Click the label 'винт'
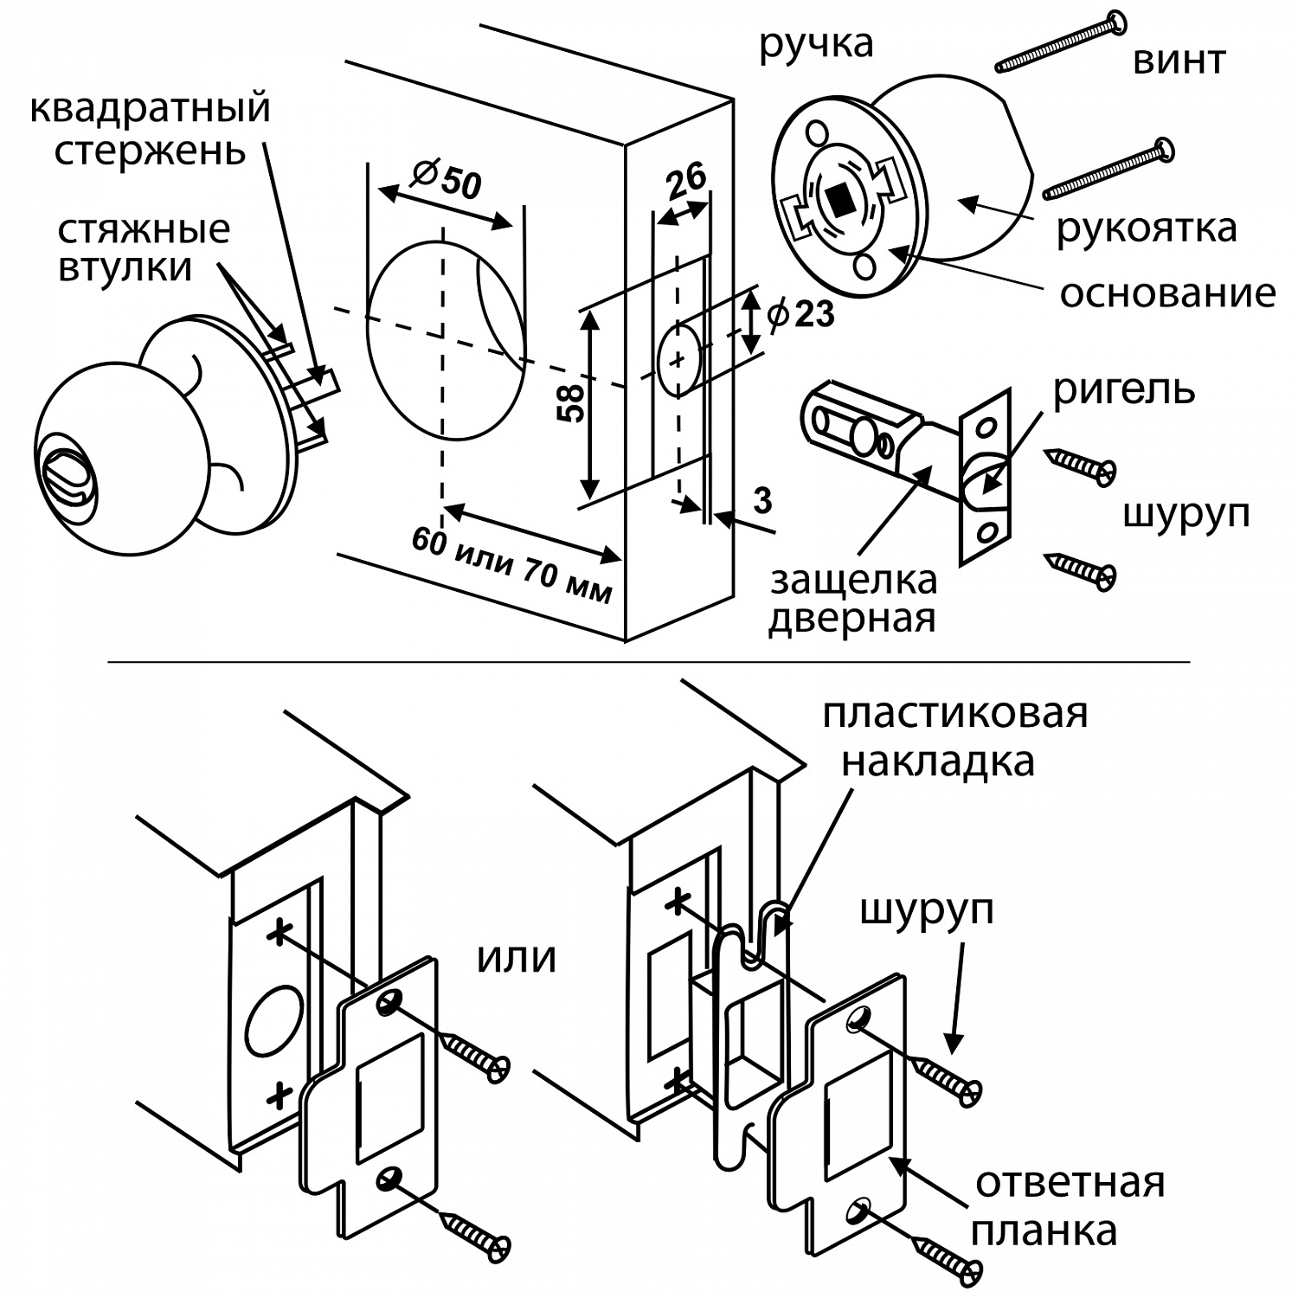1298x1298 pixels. [1179, 61]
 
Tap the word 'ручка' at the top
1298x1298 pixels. [816, 43]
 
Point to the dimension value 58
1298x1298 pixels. [573, 402]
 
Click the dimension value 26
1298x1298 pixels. [686, 181]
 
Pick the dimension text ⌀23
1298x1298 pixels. [800, 314]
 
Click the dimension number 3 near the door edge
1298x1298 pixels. [762, 501]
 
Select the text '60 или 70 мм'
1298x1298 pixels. [512, 565]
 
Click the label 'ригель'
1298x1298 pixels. [1123, 390]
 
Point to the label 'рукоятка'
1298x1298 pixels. [1147, 229]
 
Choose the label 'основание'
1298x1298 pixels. [1167, 294]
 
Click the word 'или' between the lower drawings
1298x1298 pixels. [516, 958]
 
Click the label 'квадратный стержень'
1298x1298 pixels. [150, 130]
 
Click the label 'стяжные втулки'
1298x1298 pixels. [144, 249]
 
